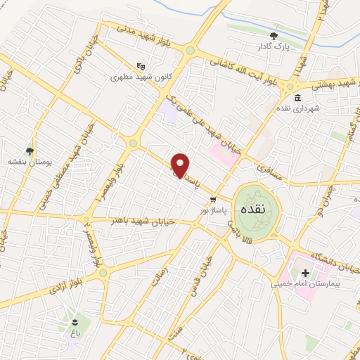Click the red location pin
(181, 165)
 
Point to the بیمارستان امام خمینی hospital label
(309, 285)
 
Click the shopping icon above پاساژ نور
(214, 199)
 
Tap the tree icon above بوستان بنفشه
(29, 150)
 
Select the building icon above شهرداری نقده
(298, 98)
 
